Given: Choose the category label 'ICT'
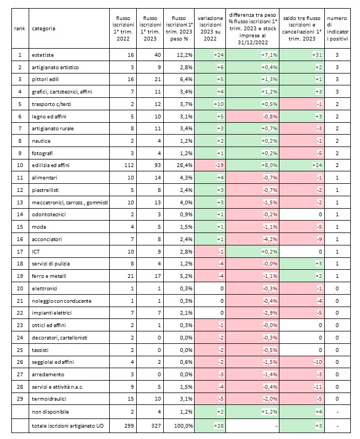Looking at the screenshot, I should click(x=36, y=251).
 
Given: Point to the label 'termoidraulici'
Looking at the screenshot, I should click(x=49, y=399).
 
